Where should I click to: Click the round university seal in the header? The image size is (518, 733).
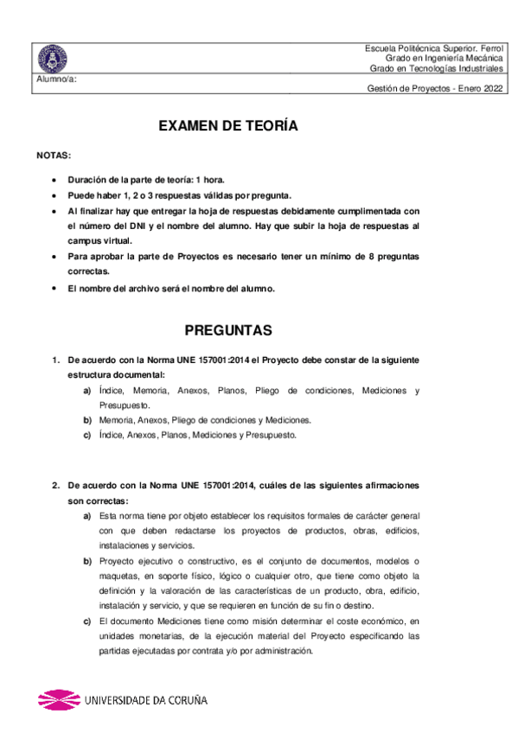click(53, 59)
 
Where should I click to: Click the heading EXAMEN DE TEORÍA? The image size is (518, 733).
click(228, 126)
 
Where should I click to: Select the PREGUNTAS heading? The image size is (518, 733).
click(229, 330)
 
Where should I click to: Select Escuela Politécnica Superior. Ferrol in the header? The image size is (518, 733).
click(434, 47)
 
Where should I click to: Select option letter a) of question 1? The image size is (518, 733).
click(87, 391)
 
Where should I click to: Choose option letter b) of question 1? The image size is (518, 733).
click(87, 420)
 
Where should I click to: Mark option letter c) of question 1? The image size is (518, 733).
click(87, 435)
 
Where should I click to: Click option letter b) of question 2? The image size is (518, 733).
click(87, 561)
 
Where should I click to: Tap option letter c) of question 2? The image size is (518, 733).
click(87, 621)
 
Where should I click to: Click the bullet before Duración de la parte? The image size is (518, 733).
click(55, 180)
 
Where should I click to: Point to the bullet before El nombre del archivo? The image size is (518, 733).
click(55, 288)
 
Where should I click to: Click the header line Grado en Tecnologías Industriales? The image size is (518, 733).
click(436, 67)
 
